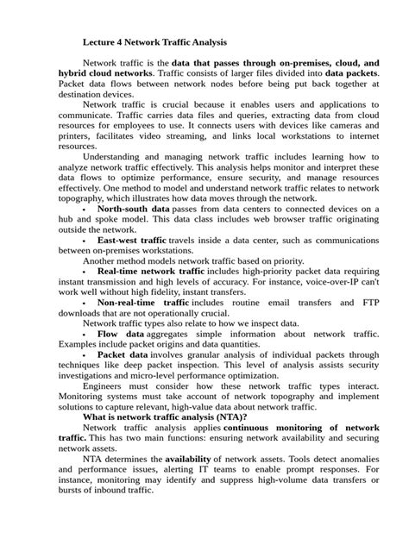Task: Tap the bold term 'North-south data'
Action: click(134, 210)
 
